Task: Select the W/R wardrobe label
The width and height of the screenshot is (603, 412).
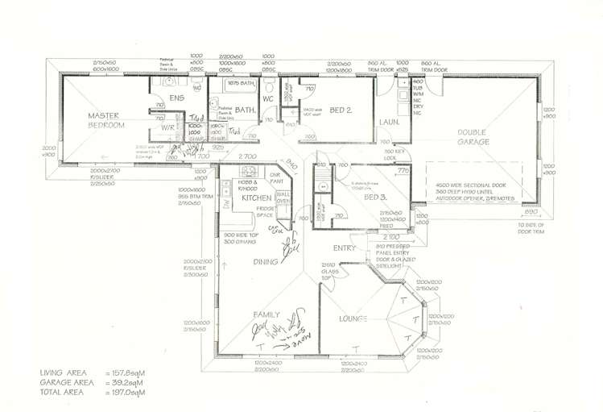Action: [x=169, y=127]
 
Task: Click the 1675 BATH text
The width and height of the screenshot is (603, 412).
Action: [x=240, y=84]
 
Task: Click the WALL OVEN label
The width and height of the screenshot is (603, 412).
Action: [x=283, y=198]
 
